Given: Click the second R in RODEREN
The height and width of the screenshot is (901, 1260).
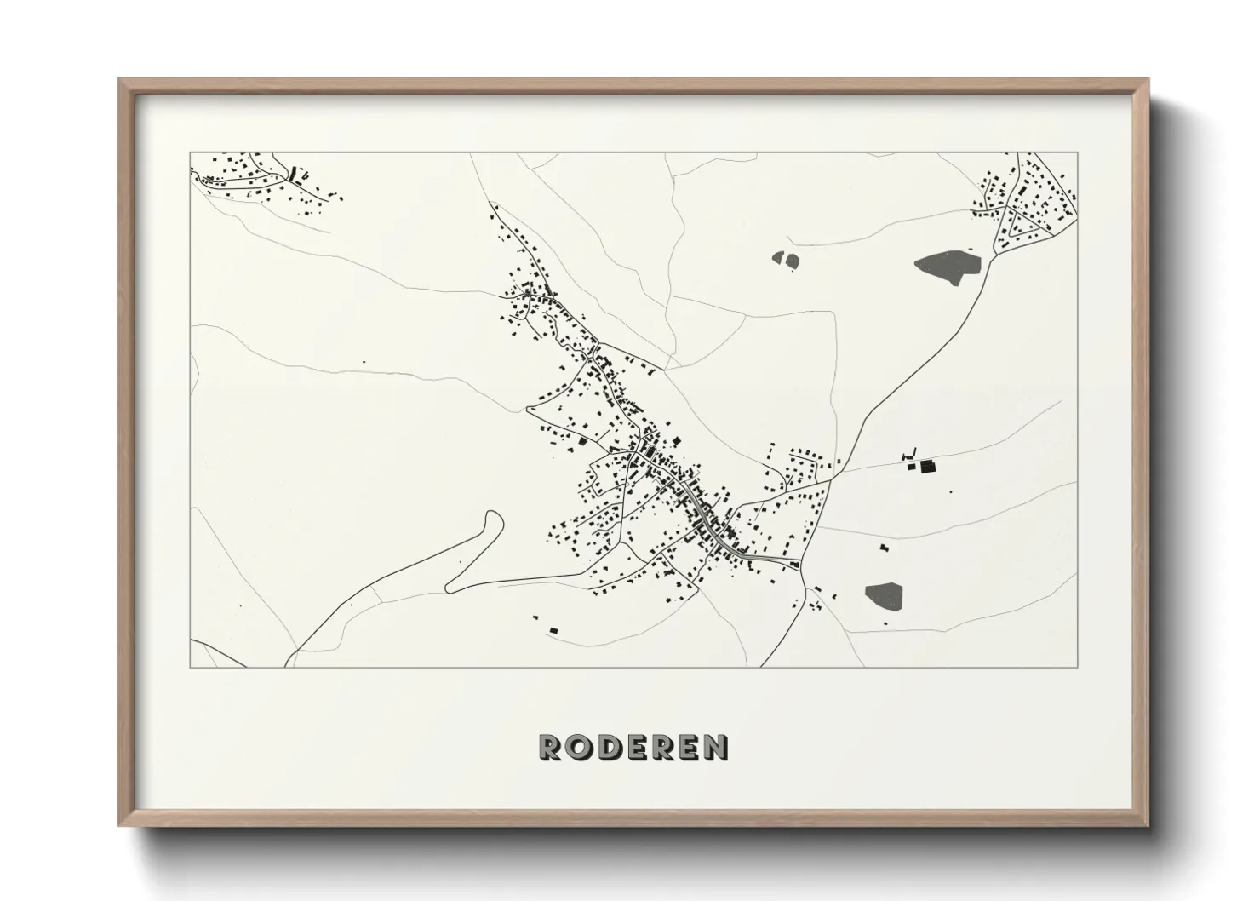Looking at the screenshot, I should click(x=661, y=747).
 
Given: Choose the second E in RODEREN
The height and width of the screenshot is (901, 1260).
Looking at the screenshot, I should click(x=688, y=747).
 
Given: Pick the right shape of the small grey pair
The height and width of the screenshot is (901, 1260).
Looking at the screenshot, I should click(x=793, y=262).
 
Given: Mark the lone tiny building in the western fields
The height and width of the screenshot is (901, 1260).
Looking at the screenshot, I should click(x=364, y=362).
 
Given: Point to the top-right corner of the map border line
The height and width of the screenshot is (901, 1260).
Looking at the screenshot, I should click(x=1078, y=152).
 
